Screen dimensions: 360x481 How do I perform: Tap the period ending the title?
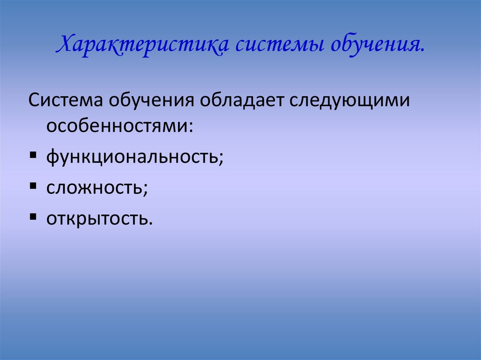tap(423, 51)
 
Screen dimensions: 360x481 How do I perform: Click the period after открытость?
tap(151, 222)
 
